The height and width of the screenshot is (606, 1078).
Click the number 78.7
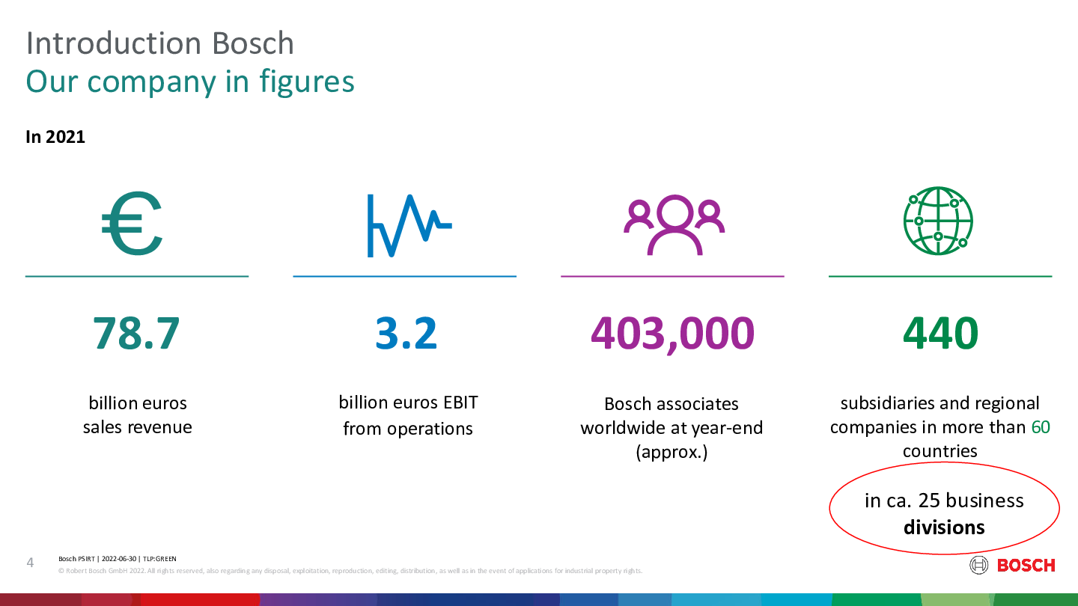click(136, 333)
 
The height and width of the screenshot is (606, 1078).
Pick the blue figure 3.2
click(406, 333)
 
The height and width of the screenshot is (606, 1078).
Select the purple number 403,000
click(672, 334)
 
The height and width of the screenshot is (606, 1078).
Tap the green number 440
click(940, 333)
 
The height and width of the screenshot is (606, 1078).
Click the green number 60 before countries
click(1041, 427)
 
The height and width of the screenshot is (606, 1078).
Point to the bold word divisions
click(944, 527)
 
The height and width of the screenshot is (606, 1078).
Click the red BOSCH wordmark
click(1026, 566)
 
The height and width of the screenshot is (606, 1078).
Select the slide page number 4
click(30, 563)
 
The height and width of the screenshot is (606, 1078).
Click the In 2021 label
click(55, 137)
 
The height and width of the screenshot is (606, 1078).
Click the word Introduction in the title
click(113, 43)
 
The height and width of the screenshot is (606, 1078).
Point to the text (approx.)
click(672, 452)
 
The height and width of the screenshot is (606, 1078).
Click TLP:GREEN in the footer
click(159, 559)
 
